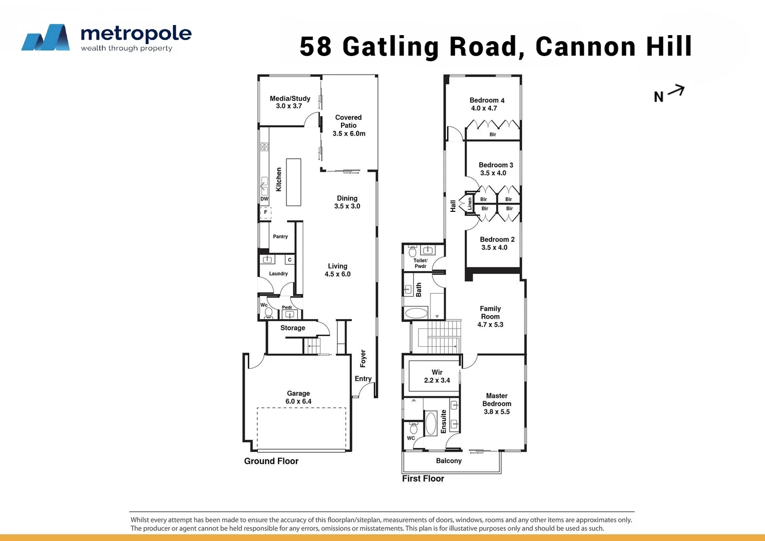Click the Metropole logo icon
(46, 38)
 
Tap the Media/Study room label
(290, 99)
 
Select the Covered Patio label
(348, 121)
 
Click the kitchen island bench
(293, 182)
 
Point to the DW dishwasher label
(264, 199)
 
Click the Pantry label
(280, 236)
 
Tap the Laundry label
(278, 274)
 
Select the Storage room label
(293, 328)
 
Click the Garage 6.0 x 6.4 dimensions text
(298, 401)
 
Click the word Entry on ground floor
(363, 379)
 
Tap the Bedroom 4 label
(487, 100)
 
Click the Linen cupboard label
(470, 203)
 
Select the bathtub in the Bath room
(416, 314)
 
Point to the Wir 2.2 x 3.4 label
(437, 376)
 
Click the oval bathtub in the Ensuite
(431, 423)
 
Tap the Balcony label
(449, 461)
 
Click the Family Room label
(490, 313)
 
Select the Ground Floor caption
(271, 461)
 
